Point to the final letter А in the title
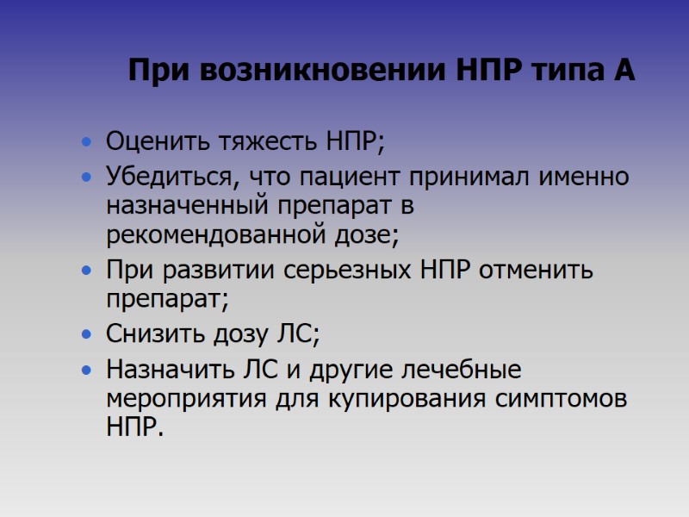[624, 71]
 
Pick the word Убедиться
[169, 178]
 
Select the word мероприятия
[179, 399]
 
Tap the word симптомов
[563, 399]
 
